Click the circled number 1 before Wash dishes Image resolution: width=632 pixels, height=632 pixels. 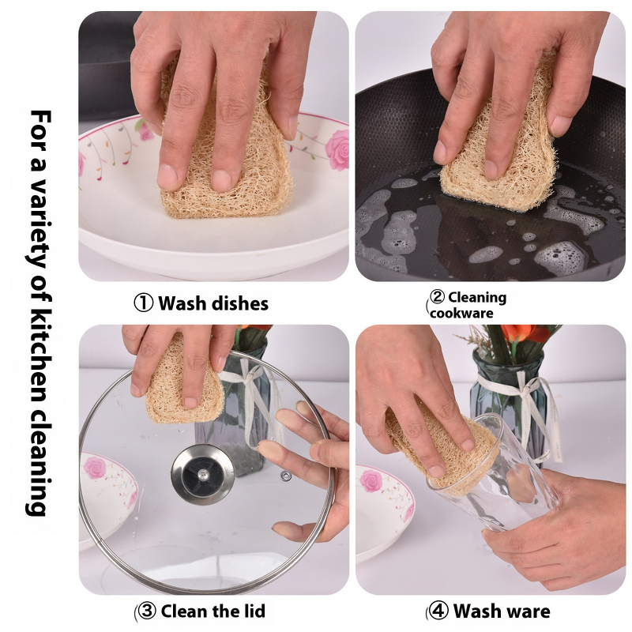pos(143,303)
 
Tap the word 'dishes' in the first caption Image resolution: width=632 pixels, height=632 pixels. pos(240,303)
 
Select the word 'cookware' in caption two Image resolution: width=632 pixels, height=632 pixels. pos(462,313)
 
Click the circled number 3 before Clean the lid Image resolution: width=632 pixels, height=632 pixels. pos(146,611)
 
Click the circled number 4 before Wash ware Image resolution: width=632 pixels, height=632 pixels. pos(438,611)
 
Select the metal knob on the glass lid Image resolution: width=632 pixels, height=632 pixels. pos(202,475)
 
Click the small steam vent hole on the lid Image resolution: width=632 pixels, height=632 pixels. pos(285,476)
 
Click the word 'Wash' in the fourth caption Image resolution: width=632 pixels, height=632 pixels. pos(477,611)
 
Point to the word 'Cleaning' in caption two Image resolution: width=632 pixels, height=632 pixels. pos(476,298)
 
